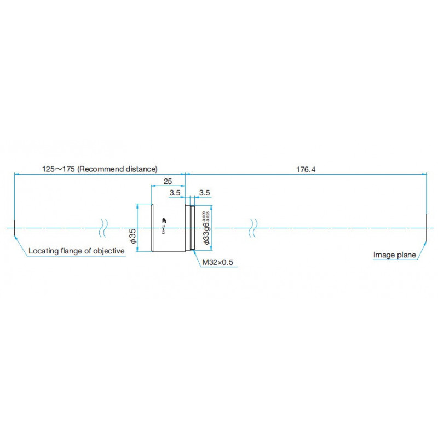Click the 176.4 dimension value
pyautogui.click(x=306, y=169)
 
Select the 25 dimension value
pyautogui.click(x=169, y=181)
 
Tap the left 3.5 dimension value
pyautogui.click(x=175, y=193)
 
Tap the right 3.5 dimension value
pyautogui.click(x=204, y=193)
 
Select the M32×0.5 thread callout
pyautogui.click(x=217, y=262)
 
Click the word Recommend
pyautogui.click(x=99, y=169)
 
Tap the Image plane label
pyautogui.click(x=394, y=255)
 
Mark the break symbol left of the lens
pyautogui.click(x=103, y=227)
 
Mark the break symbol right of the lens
pyautogui.click(x=253, y=227)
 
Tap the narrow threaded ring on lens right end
pyautogui.click(x=192, y=227)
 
